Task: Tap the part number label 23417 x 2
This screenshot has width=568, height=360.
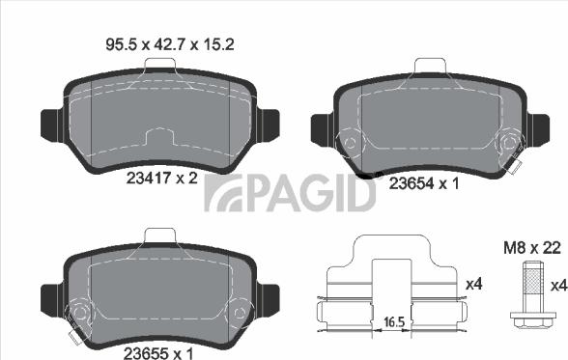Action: [162, 178]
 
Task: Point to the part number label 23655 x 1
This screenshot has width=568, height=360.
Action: [160, 353]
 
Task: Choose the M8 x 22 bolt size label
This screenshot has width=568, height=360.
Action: [532, 249]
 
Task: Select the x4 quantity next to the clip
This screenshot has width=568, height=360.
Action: [473, 285]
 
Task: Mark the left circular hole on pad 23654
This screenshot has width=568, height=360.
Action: [349, 143]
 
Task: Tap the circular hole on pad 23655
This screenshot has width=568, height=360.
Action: [81, 313]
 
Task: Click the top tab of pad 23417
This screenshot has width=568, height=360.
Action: [159, 65]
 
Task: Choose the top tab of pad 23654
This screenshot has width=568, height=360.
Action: [427, 68]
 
